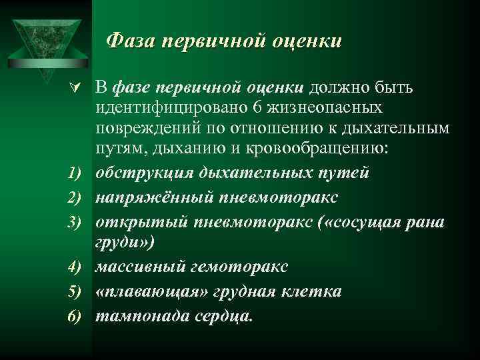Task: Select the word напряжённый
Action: tap(145, 198)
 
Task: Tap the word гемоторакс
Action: tap(237, 267)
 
